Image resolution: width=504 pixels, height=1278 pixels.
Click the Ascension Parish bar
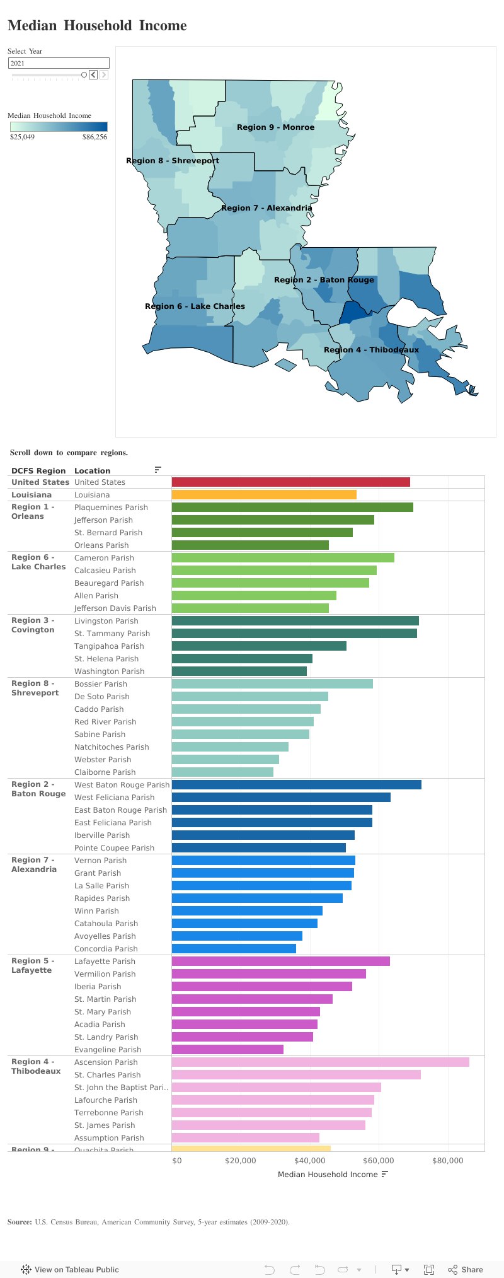[320, 1062]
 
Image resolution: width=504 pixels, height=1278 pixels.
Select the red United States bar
[290, 482]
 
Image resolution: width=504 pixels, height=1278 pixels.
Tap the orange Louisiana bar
[264, 494]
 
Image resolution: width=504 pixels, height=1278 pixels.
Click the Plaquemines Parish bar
[292, 507]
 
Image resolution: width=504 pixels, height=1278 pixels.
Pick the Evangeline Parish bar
[227, 1049]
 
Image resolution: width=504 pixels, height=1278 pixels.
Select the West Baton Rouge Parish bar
[296, 784]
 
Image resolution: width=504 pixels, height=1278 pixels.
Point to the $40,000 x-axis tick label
[309, 1160]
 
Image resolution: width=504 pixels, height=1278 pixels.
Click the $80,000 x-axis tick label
[447, 1160]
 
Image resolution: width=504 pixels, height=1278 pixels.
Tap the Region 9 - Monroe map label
[275, 127]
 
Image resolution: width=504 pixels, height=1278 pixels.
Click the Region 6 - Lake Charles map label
[195, 306]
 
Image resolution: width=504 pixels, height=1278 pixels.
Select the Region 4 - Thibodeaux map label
[371, 350]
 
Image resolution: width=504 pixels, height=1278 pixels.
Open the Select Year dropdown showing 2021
[59, 63]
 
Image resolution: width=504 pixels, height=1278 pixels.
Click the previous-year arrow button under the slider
[93, 74]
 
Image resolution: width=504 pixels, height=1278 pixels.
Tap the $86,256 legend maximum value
[94, 137]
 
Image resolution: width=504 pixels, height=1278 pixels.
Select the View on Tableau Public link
[70, 1269]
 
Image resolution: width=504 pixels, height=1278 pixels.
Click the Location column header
[92, 470]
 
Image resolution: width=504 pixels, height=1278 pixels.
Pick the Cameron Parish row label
[104, 557]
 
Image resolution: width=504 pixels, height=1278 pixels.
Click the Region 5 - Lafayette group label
[32, 965]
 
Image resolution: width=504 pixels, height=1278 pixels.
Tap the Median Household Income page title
[97, 26]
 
